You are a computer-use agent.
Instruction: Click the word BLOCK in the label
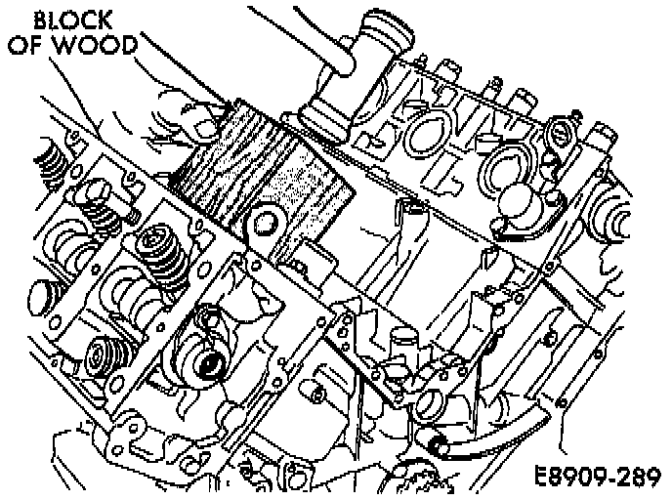click(71, 20)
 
